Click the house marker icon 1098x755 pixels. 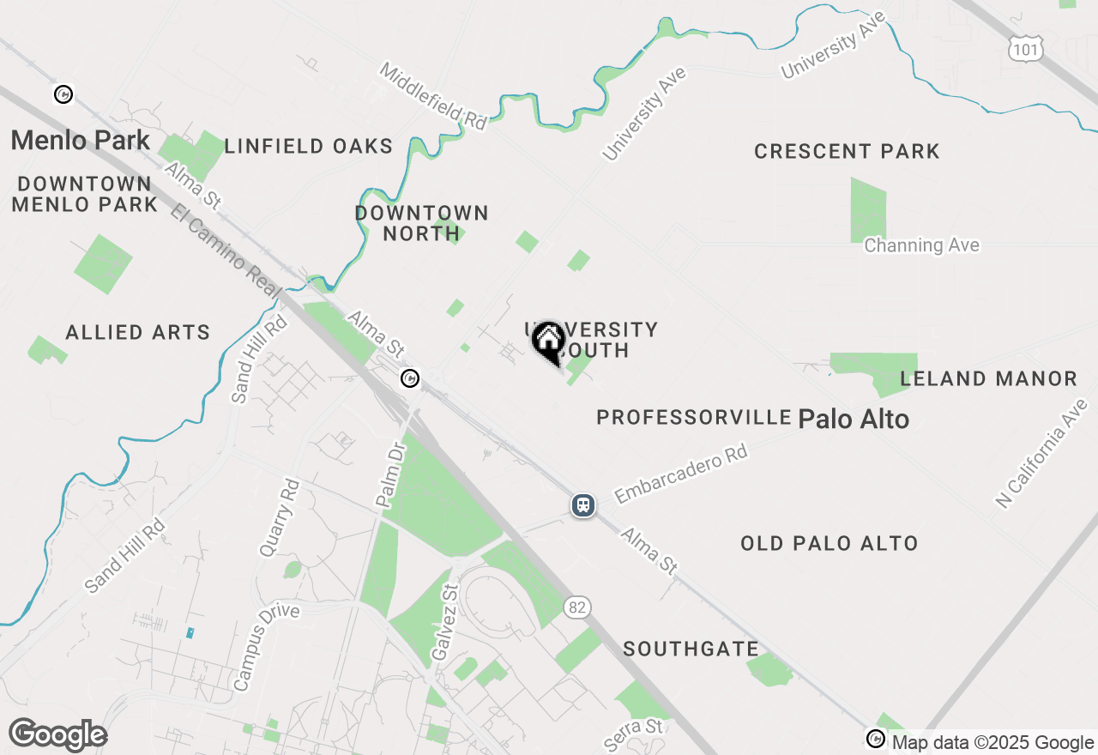pos(548,341)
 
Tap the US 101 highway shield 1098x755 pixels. pos(1026,50)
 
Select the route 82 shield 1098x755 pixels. pos(577,607)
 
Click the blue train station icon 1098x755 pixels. pos(583,505)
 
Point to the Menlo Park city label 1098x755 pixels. pos(81,140)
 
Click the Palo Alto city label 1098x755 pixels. pos(854,419)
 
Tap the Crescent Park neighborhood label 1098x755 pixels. pos(847,152)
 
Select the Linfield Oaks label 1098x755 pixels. pos(309,147)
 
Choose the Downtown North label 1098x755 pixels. pos(422,222)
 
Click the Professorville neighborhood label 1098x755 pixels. pos(694,418)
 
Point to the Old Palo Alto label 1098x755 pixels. pos(830,543)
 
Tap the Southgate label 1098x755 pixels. pos(691,649)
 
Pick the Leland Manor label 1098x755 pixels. pos(988,378)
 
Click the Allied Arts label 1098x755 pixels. pos(138,332)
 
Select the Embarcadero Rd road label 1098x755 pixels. pos(682,474)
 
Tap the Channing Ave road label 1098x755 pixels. pos(921,245)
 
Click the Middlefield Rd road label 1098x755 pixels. pos(433,96)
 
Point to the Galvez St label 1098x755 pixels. pos(444,622)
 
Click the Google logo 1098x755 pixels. pos(57,735)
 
